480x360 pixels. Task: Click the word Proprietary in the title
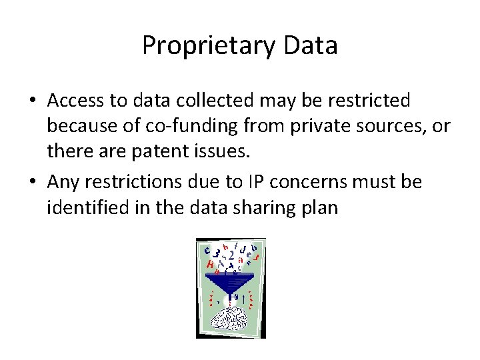click(x=200, y=45)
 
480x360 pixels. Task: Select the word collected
click(x=207, y=100)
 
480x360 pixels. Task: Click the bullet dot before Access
click(x=31, y=101)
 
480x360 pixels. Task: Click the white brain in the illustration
click(x=230, y=317)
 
